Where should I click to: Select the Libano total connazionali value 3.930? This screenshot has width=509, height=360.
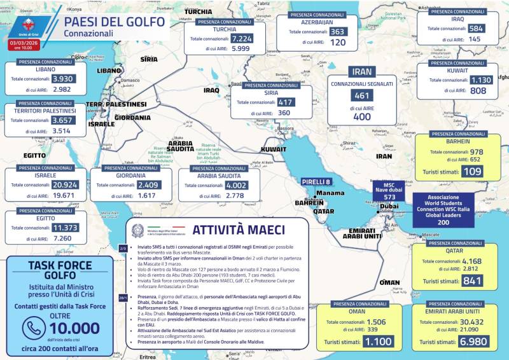62,78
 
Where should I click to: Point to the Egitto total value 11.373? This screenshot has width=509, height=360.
65,227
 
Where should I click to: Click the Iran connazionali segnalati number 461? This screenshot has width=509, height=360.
361,96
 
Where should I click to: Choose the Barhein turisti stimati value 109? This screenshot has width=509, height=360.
471,172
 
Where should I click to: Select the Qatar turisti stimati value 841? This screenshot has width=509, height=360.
471,281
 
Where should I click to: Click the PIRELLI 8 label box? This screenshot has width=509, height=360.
316,182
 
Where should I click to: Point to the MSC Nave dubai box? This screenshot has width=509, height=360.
390,191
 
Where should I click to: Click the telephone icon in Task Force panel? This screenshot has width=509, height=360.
31,328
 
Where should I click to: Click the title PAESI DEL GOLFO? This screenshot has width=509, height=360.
115,21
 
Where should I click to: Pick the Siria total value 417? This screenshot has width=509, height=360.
286,102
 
